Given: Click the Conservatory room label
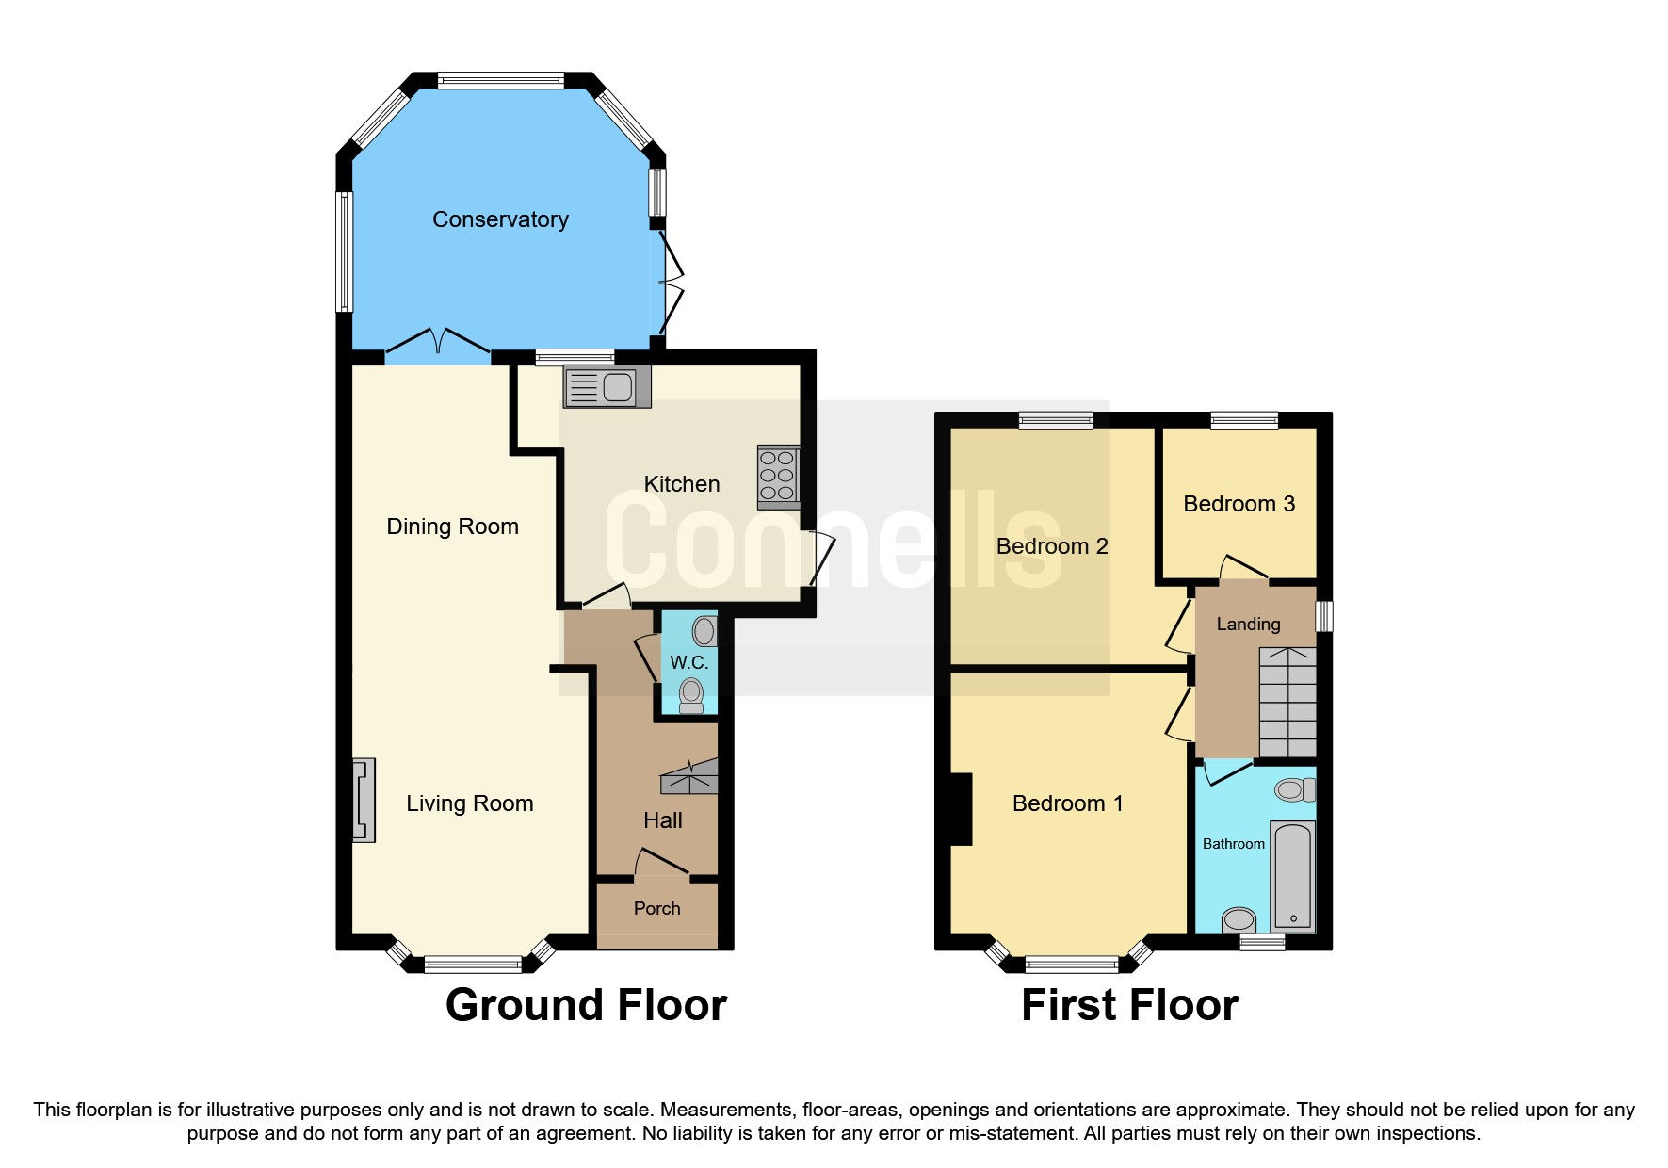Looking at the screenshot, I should coord(500,219).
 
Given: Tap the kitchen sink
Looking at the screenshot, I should coord(607,387).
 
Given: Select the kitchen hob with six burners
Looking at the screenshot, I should coord(778,475).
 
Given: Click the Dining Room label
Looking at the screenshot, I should coord(452,527).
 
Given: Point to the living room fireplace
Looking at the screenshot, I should coord(364,800).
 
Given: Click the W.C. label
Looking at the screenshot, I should coord(688,662).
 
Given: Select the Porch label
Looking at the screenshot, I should coord(656,908).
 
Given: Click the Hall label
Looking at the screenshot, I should coord(662,820).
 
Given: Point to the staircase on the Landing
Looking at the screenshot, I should coord(1287,702).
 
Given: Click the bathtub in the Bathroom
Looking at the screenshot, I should coord(1292,876).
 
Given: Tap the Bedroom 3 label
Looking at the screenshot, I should coord(1239,504).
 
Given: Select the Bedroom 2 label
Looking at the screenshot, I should coord(1051,546).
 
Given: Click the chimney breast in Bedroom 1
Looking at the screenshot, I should coord(961,809).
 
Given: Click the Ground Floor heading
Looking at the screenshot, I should coord(586,1005).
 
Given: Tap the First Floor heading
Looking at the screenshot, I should coord(1129,1005).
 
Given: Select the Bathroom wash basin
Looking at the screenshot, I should coord(1239,918).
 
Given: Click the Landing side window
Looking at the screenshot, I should coord(1323,616).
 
